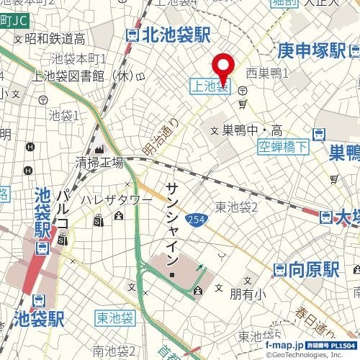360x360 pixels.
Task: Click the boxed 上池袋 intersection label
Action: tap(210, 86)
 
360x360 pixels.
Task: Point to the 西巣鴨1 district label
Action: tap(267, 73)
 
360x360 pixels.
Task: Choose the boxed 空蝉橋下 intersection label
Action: tap(283, 148)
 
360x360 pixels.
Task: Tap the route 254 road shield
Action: tap(194, 219)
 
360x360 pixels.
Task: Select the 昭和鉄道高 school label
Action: tap(55, 38)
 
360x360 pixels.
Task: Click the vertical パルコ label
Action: tap(63, 209)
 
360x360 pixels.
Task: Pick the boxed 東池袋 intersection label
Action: tap(114, 318)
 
